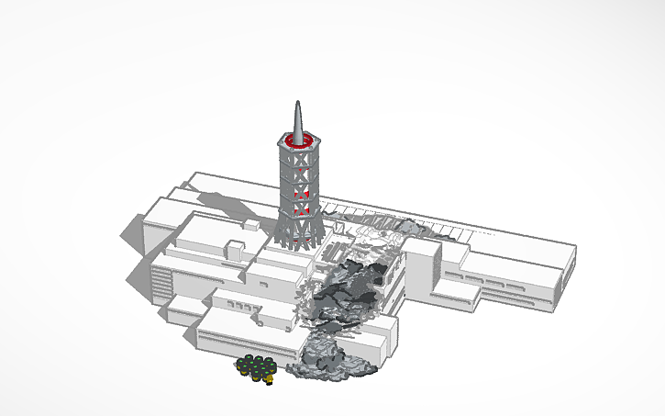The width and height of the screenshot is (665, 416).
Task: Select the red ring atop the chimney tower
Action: pyautogui.click(x=298, y=141)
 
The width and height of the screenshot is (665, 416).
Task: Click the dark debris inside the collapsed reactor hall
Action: pyautogui.click(x=353, y=289)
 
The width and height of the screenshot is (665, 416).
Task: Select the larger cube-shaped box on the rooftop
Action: pyautogui.click(x=236, y=249)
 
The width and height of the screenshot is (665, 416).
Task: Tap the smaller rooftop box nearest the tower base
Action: pyautogui.click(x=250, y=226)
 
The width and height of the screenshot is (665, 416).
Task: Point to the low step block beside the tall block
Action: pyautogui.click(x=458, y=292)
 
